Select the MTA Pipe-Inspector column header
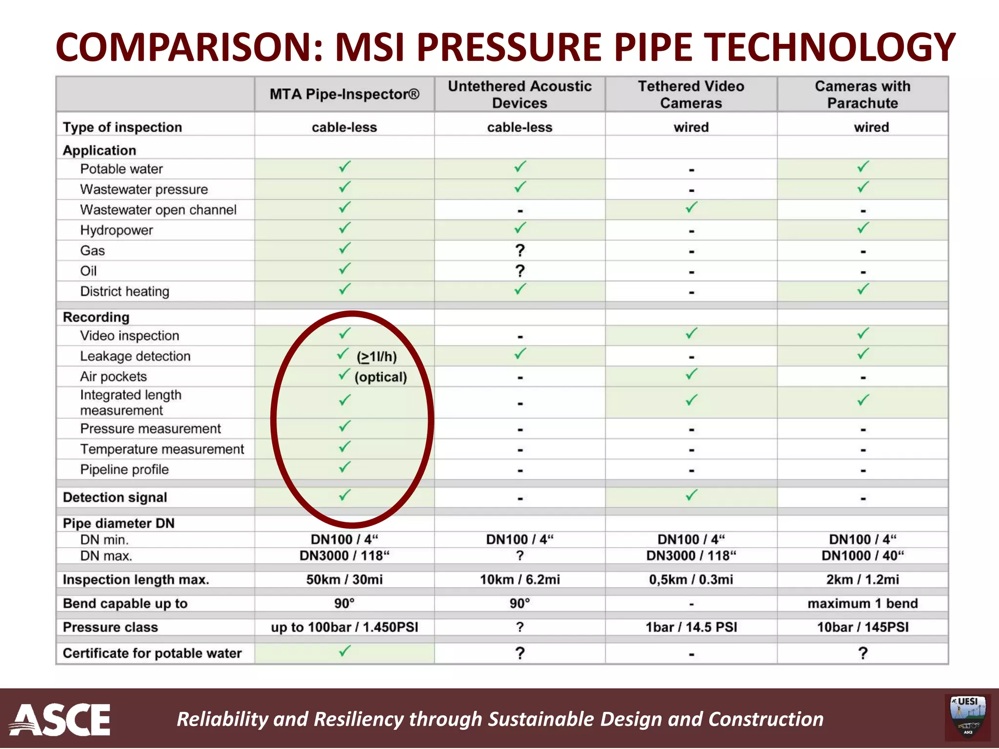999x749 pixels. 344,94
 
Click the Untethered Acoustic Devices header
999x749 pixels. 519,95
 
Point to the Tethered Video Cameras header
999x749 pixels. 691,95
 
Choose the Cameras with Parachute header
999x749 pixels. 862,95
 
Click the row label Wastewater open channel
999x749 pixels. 158,210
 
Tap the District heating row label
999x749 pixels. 124,292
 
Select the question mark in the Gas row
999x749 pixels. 520,251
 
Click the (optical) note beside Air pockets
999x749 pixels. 380,377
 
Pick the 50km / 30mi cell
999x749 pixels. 344,579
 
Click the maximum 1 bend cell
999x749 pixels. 862,603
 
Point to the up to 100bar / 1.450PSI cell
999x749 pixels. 344,627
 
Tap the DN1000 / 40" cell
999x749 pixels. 862,556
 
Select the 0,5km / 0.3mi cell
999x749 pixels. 691,579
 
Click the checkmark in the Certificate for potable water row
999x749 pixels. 344,651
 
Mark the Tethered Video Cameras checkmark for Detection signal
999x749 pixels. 691,496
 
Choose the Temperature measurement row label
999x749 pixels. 162,449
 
